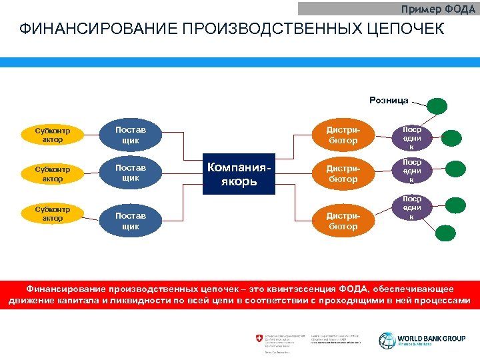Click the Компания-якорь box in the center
(x=239, y=175)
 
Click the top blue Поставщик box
(x=131, y=135)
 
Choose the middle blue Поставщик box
(x=131, y=173)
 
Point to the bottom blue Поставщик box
(x=131, y=221)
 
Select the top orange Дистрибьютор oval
(x=343, y=135)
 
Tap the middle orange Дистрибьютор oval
(x=343, y=174)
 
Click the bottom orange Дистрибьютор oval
(x=343, y=221)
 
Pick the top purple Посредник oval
(x=411, y=136)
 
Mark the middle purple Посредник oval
(x=411, y=171)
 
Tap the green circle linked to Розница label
(x=437, y=106)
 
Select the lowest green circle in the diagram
(x=445, y=233)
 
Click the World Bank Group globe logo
(x=387, y=340)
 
